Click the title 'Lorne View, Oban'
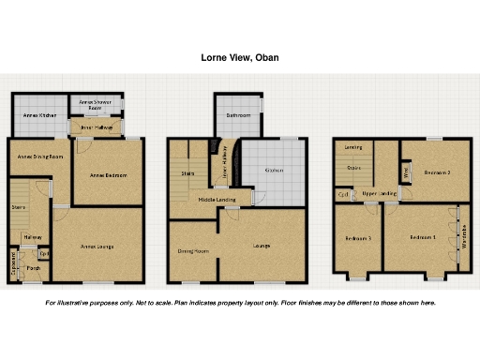pyautogui.click(x=239, y=57)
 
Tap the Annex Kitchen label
pyautogui.click(x=38, y=115)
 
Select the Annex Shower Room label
pyautogui.click(x=96, y=103)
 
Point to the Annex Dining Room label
pyautogui.click(x=39, y=157)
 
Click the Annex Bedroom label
pyautogui.click(x=108, y=174)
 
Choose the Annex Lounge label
pyautogui.click(x=97, y=247)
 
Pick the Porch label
pyautogui.click(x=33, y=269)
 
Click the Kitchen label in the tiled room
pyautogui.click(x=274, y=170)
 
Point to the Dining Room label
pyautogui.click(x=193, y=251)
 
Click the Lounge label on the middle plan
pyautogui.click(x=262, y=246)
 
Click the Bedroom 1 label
pyautogui.click(x=424, y=238)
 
